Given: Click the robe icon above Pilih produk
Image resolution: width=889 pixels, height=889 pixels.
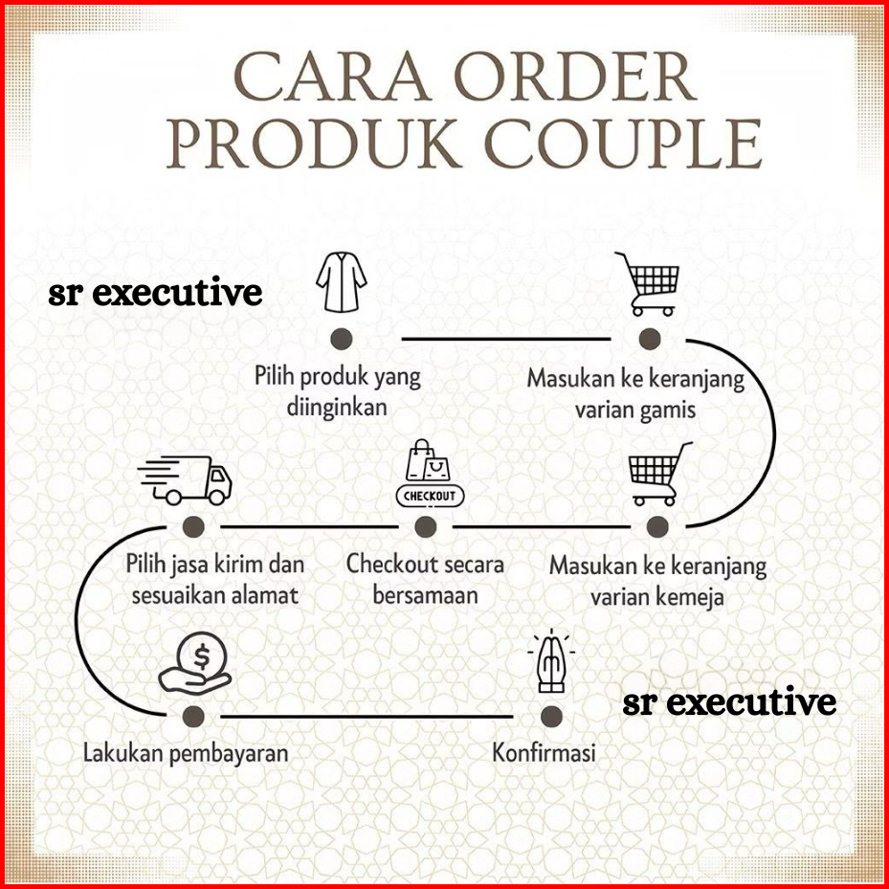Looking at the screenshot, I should tap(342, 282).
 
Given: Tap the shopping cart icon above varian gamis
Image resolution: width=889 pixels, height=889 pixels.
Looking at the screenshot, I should tap(648, 283).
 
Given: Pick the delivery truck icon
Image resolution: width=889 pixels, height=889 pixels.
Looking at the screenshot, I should tap(186, 479).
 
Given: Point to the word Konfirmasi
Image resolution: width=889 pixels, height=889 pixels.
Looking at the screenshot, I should tap(544, 752).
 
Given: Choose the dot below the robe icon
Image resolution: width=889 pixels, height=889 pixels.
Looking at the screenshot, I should tap(341, 338).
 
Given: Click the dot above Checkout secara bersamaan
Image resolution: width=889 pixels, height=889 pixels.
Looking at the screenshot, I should tap(426, 526).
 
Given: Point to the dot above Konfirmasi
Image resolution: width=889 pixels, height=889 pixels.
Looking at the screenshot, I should tap(549, 716).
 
